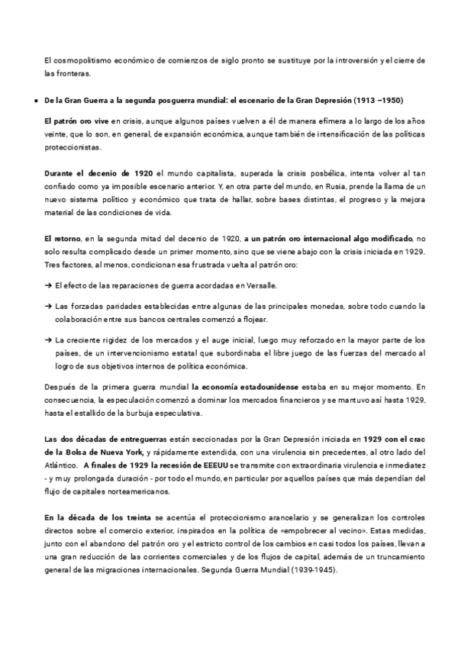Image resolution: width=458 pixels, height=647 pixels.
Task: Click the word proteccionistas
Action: pyautogui.click(x=73, y=146)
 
